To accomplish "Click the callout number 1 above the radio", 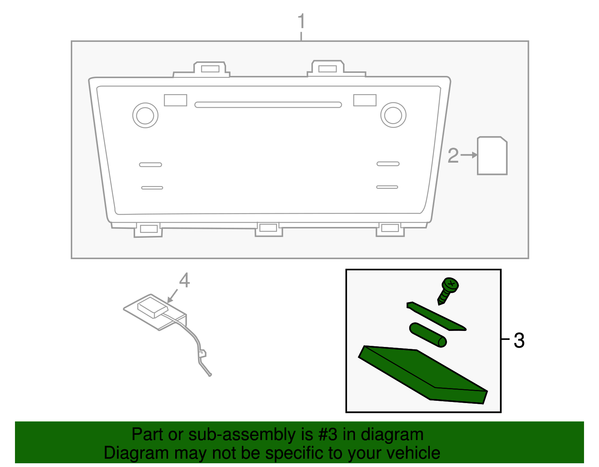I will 301,21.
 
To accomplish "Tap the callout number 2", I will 453,156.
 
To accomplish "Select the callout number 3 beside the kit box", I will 519,341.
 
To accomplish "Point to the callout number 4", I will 184,280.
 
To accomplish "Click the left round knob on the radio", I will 145,115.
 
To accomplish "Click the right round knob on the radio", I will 393,115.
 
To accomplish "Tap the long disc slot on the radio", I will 268,105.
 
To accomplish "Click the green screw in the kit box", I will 448,290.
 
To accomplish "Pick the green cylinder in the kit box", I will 428,334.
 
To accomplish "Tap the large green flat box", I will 423,374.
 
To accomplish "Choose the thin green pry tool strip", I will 436,316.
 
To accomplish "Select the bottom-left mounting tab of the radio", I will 148,229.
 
